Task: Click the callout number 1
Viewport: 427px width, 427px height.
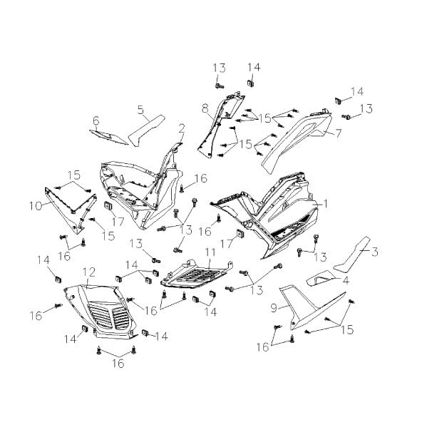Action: (325, 203)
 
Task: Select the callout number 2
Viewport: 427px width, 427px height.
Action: (182, 128)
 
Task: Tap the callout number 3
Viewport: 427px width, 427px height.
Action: (375, 252)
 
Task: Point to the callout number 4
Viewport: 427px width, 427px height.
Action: (346, 280)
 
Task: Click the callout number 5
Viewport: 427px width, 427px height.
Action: (140, 110)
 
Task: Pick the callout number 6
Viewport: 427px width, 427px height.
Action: (96, 120)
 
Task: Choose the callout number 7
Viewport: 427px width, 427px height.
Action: (338, 133)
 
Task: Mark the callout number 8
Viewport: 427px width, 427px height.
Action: (205, 109)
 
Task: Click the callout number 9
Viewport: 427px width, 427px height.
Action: (274, 308)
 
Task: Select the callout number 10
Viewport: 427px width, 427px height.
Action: (36, 206)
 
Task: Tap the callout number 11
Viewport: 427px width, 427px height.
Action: (210, 252)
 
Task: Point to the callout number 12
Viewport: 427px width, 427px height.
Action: (89, 272)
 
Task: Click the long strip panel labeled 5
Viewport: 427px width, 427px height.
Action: (145, 131)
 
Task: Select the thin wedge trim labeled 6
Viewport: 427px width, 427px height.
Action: (108, 137)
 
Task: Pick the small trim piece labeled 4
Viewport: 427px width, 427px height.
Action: (321, 278)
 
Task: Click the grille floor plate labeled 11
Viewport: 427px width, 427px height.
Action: (197, 274)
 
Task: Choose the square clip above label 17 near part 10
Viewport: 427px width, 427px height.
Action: (108, 205)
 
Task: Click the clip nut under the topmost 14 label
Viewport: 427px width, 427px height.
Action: (250, 83)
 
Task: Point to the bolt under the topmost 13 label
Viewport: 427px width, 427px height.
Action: (220, 86)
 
